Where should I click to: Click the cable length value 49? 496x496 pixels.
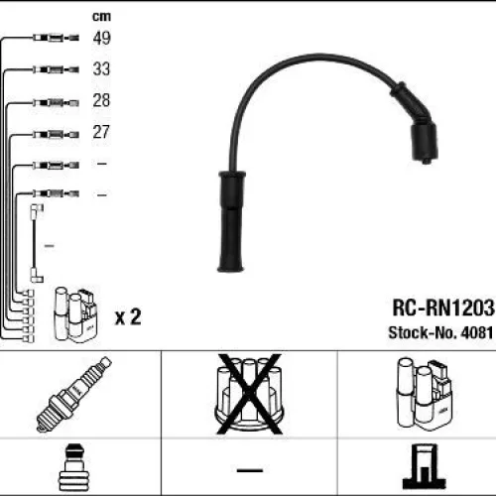click(x=101, y=38)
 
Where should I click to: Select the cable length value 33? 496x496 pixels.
click(x=101, y=68)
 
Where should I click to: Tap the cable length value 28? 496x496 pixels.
click(x=101, y=100)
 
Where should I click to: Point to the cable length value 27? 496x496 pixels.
click(x=101, y=132)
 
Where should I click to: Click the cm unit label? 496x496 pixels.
click(x=101, y=16)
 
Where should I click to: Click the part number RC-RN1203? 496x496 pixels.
click(x=443, y=308)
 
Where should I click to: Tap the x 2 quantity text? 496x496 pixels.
click(x=128, y=316)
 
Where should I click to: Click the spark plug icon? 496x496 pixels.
click(x=74, y=394)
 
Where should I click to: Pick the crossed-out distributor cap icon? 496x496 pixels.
click(x=249, y=394)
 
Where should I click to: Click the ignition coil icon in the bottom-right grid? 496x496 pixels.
click(x=424, y=394)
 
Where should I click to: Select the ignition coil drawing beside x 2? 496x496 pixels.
click(x=75, y=314)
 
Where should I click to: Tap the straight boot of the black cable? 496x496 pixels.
click(x=231, y=221)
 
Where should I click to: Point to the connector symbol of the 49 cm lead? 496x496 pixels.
click(x=56, y=38)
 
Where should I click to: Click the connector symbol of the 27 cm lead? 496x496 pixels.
click(x=56, y=135)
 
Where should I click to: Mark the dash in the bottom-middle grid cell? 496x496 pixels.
click(x=250, y=469)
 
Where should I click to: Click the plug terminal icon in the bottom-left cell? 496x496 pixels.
click(x=74, y=467)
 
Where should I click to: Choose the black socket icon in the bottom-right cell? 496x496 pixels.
click(x=424, y=467)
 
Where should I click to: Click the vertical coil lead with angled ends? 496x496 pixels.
click(x=35, y=244)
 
